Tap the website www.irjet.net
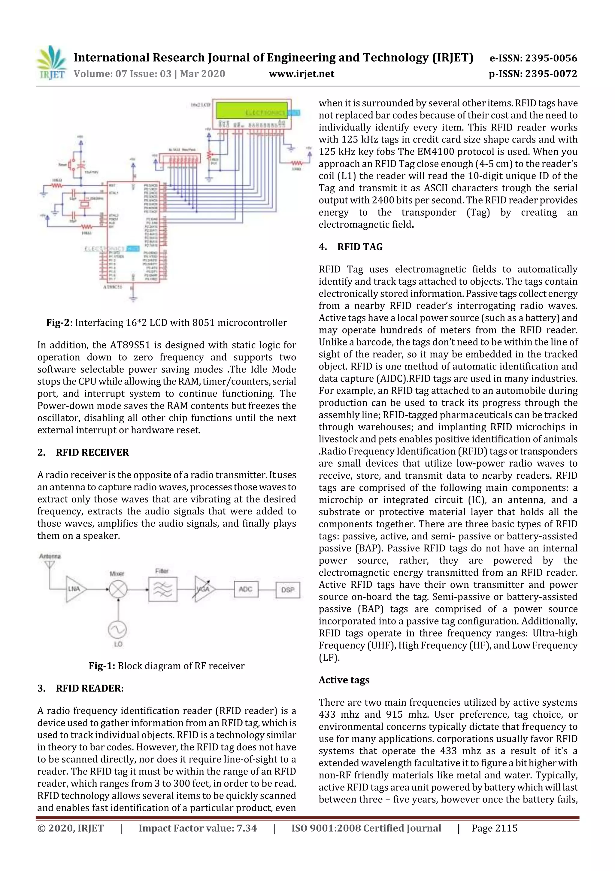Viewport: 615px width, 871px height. tap(301, 74)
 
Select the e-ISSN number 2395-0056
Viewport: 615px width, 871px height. tap(533, 58)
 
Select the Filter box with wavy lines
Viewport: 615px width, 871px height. tap(162, 590)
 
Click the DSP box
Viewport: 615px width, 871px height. tap(288, 590)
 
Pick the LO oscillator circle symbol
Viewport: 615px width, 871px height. tap(117, 630)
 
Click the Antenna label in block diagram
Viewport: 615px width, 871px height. tap(50, 556)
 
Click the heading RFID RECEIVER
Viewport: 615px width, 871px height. tap(92, 452)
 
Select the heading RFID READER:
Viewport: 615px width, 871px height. tap(89, 688)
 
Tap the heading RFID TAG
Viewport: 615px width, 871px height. tap(360, 247)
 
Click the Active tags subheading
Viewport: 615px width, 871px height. tap(344, 680)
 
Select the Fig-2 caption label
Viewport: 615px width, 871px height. tap(58, 322)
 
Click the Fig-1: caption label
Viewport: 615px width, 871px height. tap(101, 666)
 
